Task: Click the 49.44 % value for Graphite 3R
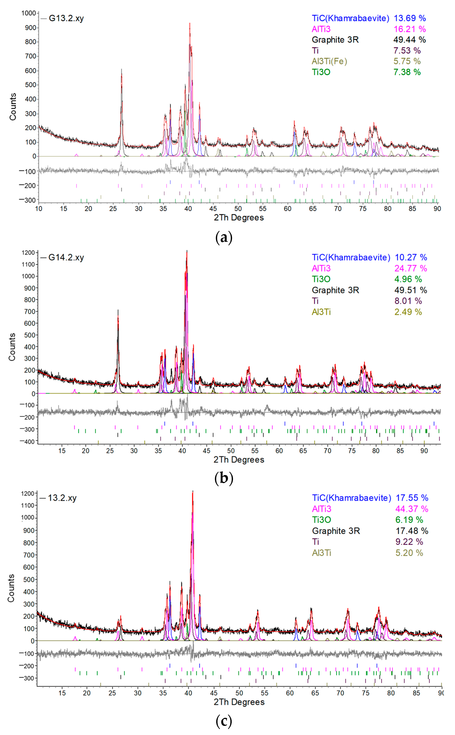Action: (409, 40)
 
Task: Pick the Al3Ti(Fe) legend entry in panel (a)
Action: (329, 61)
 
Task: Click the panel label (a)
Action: (224, 238)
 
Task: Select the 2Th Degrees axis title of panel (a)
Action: (239, 218)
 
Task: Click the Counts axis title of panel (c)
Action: (11, 588)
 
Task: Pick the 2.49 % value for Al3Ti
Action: (408, 312)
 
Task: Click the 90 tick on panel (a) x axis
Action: (437, 209)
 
